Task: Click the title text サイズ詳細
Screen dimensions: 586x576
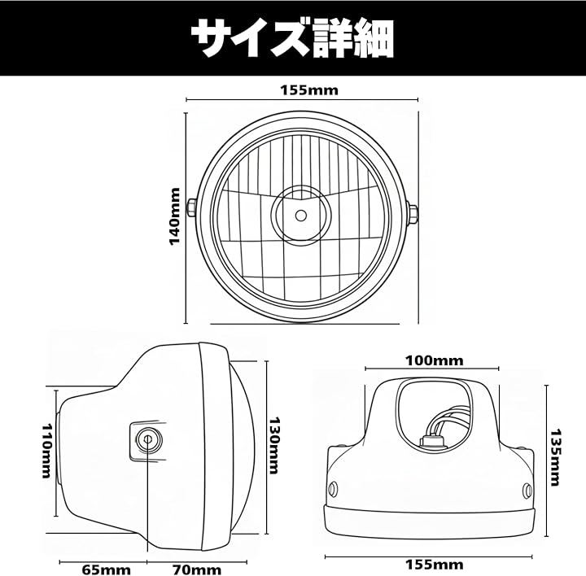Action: [x=292, y=38]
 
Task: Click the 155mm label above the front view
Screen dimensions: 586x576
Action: [x=309, y=90]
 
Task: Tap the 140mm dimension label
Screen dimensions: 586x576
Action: [x=175, y=216]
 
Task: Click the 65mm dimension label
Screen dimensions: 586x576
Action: [x=107, y=570]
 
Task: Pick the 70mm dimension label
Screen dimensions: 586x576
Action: [x=197, y=570]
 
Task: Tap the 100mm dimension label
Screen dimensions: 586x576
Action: [x=435, y=361]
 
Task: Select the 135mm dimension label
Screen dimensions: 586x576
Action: [x=556, y=457]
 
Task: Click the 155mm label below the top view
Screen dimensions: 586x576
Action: [x=435, y=565]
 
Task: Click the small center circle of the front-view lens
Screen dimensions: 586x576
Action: [x=301, y=216]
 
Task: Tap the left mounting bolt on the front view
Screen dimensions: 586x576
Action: [x=191, y=208]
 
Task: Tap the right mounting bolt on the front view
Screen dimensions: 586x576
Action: [x=413, y=215]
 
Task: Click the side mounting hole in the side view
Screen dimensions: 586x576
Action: [x=148, y=439]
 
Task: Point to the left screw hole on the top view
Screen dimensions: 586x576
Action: [x=333, y=489]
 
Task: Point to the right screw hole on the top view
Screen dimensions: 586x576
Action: [x=527, y=491]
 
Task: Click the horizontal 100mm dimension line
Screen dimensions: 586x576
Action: [x=431, y=369]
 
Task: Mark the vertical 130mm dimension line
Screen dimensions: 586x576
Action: [x=266, y=447]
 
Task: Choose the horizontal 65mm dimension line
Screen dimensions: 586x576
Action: [x=103, y=561]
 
